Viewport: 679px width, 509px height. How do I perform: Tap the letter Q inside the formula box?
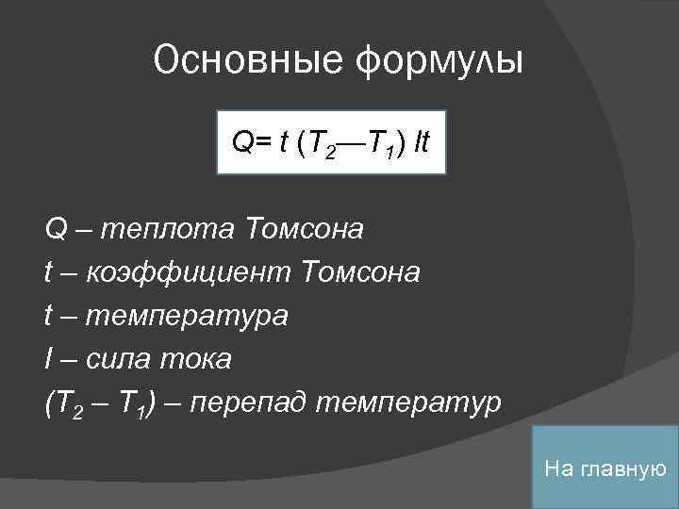coord(241,144)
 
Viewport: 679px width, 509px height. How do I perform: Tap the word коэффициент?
coord(190,273)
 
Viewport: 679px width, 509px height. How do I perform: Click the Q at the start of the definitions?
coord(55,229)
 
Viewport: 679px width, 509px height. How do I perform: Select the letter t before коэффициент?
coord(48,273)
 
